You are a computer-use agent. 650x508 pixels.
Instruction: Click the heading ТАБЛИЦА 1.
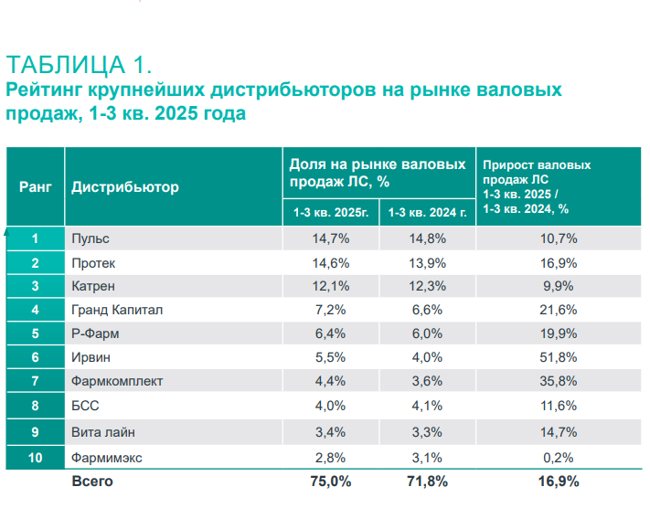pyautogui.click(x=78, y=65)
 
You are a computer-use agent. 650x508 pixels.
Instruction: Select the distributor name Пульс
pyautogui.click(x=91, y=238)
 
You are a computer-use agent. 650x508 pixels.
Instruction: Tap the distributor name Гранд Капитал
pyautogui.click(x=117, y=310)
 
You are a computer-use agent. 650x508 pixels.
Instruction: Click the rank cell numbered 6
pyautogui.click(x=35, y=358)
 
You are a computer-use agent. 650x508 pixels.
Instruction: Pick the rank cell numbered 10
pyautogui.click(x=35, y=456)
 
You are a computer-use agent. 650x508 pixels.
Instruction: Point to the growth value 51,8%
pyautogui.click(x=564, y=358)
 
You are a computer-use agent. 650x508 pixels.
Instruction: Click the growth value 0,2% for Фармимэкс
pyautogui.click(x=564, y=456)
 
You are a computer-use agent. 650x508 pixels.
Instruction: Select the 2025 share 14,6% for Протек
pyautogui.click(x=331, y=262)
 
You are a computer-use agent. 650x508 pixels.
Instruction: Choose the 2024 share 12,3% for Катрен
pyautogui.click(x=428, y=286)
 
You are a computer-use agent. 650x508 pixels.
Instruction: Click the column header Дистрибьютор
pyautogui.click(x=125, y=187)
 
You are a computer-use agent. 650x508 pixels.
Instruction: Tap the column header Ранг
pyautogui.click(x=36, y=186)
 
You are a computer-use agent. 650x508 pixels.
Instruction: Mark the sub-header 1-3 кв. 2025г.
pyautogui.click(x=331, y=213)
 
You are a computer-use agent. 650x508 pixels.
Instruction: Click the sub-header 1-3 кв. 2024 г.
pyautogui.click(x=428, y=213)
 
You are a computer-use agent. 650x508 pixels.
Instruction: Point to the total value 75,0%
pyautogui.click(x=331, y=482)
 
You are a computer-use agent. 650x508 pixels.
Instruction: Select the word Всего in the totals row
pyautogui.click(x=92, y=482)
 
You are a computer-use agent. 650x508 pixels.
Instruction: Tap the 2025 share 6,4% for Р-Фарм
pyautogui.click(x=331, y=333)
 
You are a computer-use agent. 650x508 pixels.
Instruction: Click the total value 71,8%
pyautogui.click(x=428, y=482)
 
